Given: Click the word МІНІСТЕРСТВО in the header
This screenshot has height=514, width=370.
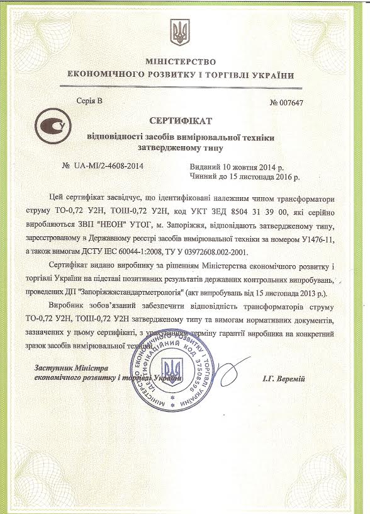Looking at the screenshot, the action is [181, 62].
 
